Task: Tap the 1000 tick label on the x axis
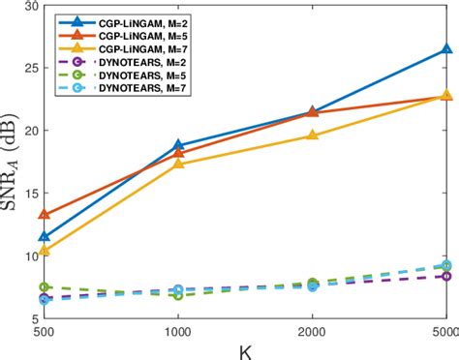pyautogui.click(x=177, y=330)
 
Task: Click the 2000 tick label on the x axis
pyautogui.click(x=312, y=330)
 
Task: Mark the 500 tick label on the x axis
pyautogui.click(x=44, y=330)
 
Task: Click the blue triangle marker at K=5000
pyautogui.click(x=446, y=48)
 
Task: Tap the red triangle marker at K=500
pyautogui.click(x=44, y=215)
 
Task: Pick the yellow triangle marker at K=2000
pyautogui.click(x=312, y=135)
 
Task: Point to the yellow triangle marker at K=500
pyautogui.click(x=44, y=250)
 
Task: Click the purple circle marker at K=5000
pyautogui.click(x=446, y=276)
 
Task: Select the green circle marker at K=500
pyautogui.click(x=44, y=287)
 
